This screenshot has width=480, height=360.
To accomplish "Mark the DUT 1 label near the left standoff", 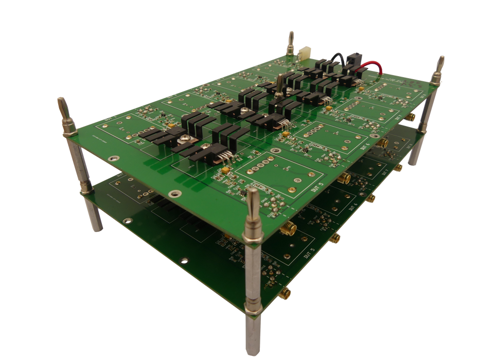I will (109, 119).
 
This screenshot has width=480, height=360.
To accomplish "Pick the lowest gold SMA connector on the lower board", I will (285, 293).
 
